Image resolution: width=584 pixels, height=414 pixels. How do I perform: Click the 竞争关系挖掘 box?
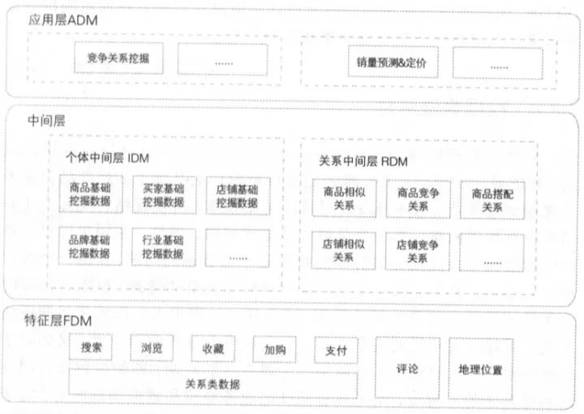coord(123,59)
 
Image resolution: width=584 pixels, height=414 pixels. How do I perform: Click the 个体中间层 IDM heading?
coord(106,157)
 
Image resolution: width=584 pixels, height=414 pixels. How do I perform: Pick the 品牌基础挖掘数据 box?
coord(90,247)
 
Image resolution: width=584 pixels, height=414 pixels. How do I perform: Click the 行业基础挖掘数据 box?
coord(163,247)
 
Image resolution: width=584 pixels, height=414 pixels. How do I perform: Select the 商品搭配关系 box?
coord(492,200)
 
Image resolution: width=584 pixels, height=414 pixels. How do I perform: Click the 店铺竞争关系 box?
coord(418,251)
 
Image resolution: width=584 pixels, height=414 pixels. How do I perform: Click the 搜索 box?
coord(91,348)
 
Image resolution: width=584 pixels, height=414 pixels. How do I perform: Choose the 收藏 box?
coord(213,349)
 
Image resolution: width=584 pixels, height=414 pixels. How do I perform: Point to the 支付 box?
coord(336,351)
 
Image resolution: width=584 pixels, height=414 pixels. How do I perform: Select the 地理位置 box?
coord(480,369)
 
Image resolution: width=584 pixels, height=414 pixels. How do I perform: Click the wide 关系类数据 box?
coord(213,382)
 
